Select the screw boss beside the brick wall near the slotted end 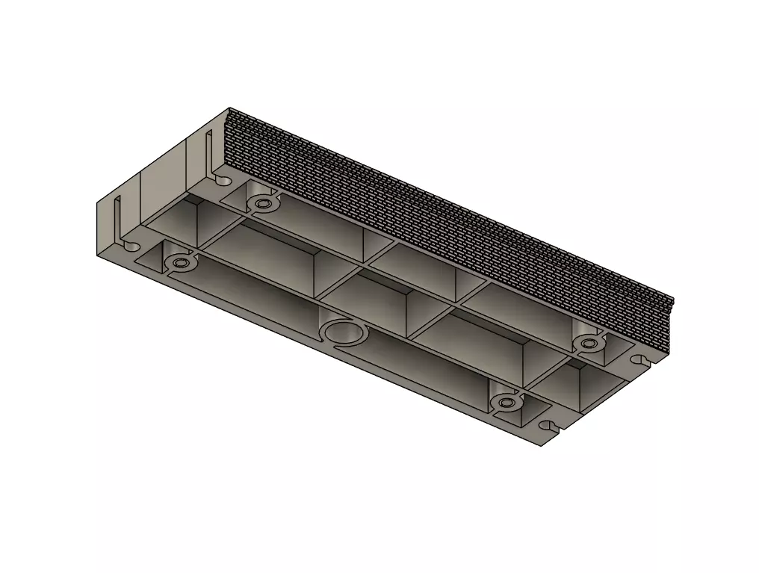[x=261, y=202]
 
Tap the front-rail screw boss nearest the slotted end [x=179, y=263]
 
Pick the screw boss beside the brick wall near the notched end [x=589, y=343]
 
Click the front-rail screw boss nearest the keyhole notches [x=506, y=403]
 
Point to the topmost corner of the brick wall [x=229, y=109]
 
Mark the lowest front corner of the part [x=541, y=447]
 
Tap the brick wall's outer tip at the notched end [x=673, y=303]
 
